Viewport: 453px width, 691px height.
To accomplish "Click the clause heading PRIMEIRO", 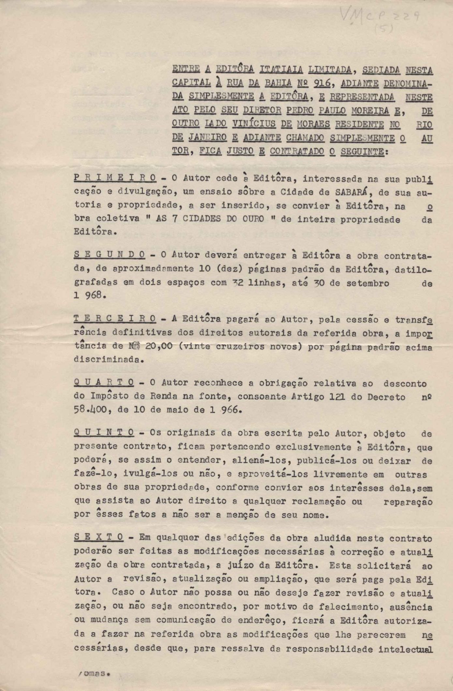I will click(115, 178).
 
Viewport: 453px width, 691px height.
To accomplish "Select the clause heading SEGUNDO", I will click(110, 255).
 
